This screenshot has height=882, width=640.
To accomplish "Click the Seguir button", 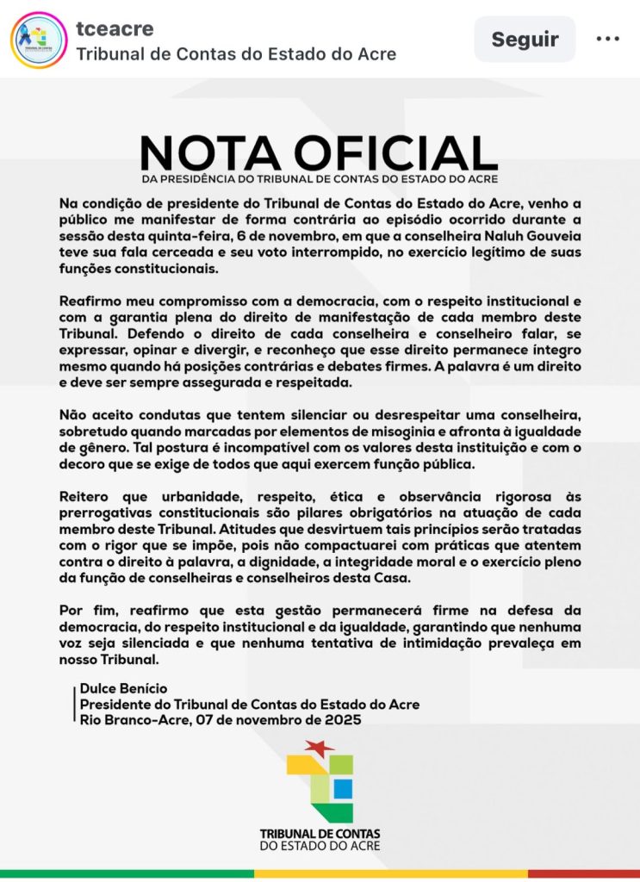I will coord(525,40).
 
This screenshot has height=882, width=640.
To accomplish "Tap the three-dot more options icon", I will coord(608,39).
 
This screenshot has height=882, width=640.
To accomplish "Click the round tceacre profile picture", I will coord(39,40).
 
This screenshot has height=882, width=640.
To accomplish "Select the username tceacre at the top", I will coord(115,28).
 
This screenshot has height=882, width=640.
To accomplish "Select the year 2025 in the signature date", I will coord(343,719).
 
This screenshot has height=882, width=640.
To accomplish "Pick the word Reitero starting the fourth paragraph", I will coord(85,498).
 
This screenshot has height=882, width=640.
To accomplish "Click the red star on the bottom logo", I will coord(320,748).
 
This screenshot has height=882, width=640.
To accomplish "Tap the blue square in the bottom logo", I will coord(342,788).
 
